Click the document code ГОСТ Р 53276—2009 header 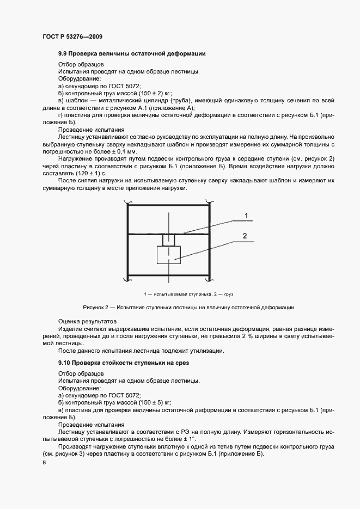pyautogui.click(x=72, y=36)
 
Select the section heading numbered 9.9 pyautogui.click(x=131, y=53)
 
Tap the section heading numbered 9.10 pyautogui.click(x=123, y=362)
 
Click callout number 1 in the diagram pyautogui.click(x=246, y=216)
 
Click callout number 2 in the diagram pyautogui.click(x=245, y=236)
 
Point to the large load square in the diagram pyautogui.click(x=169, y=255)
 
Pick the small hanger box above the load pyautogui.click(x=169, y=240)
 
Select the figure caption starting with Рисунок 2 pyautogui.click(x=188, y=308)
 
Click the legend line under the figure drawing pyautogui.click(x=188, y=294)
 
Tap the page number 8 pyautogui.click(x=44, y=463)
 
